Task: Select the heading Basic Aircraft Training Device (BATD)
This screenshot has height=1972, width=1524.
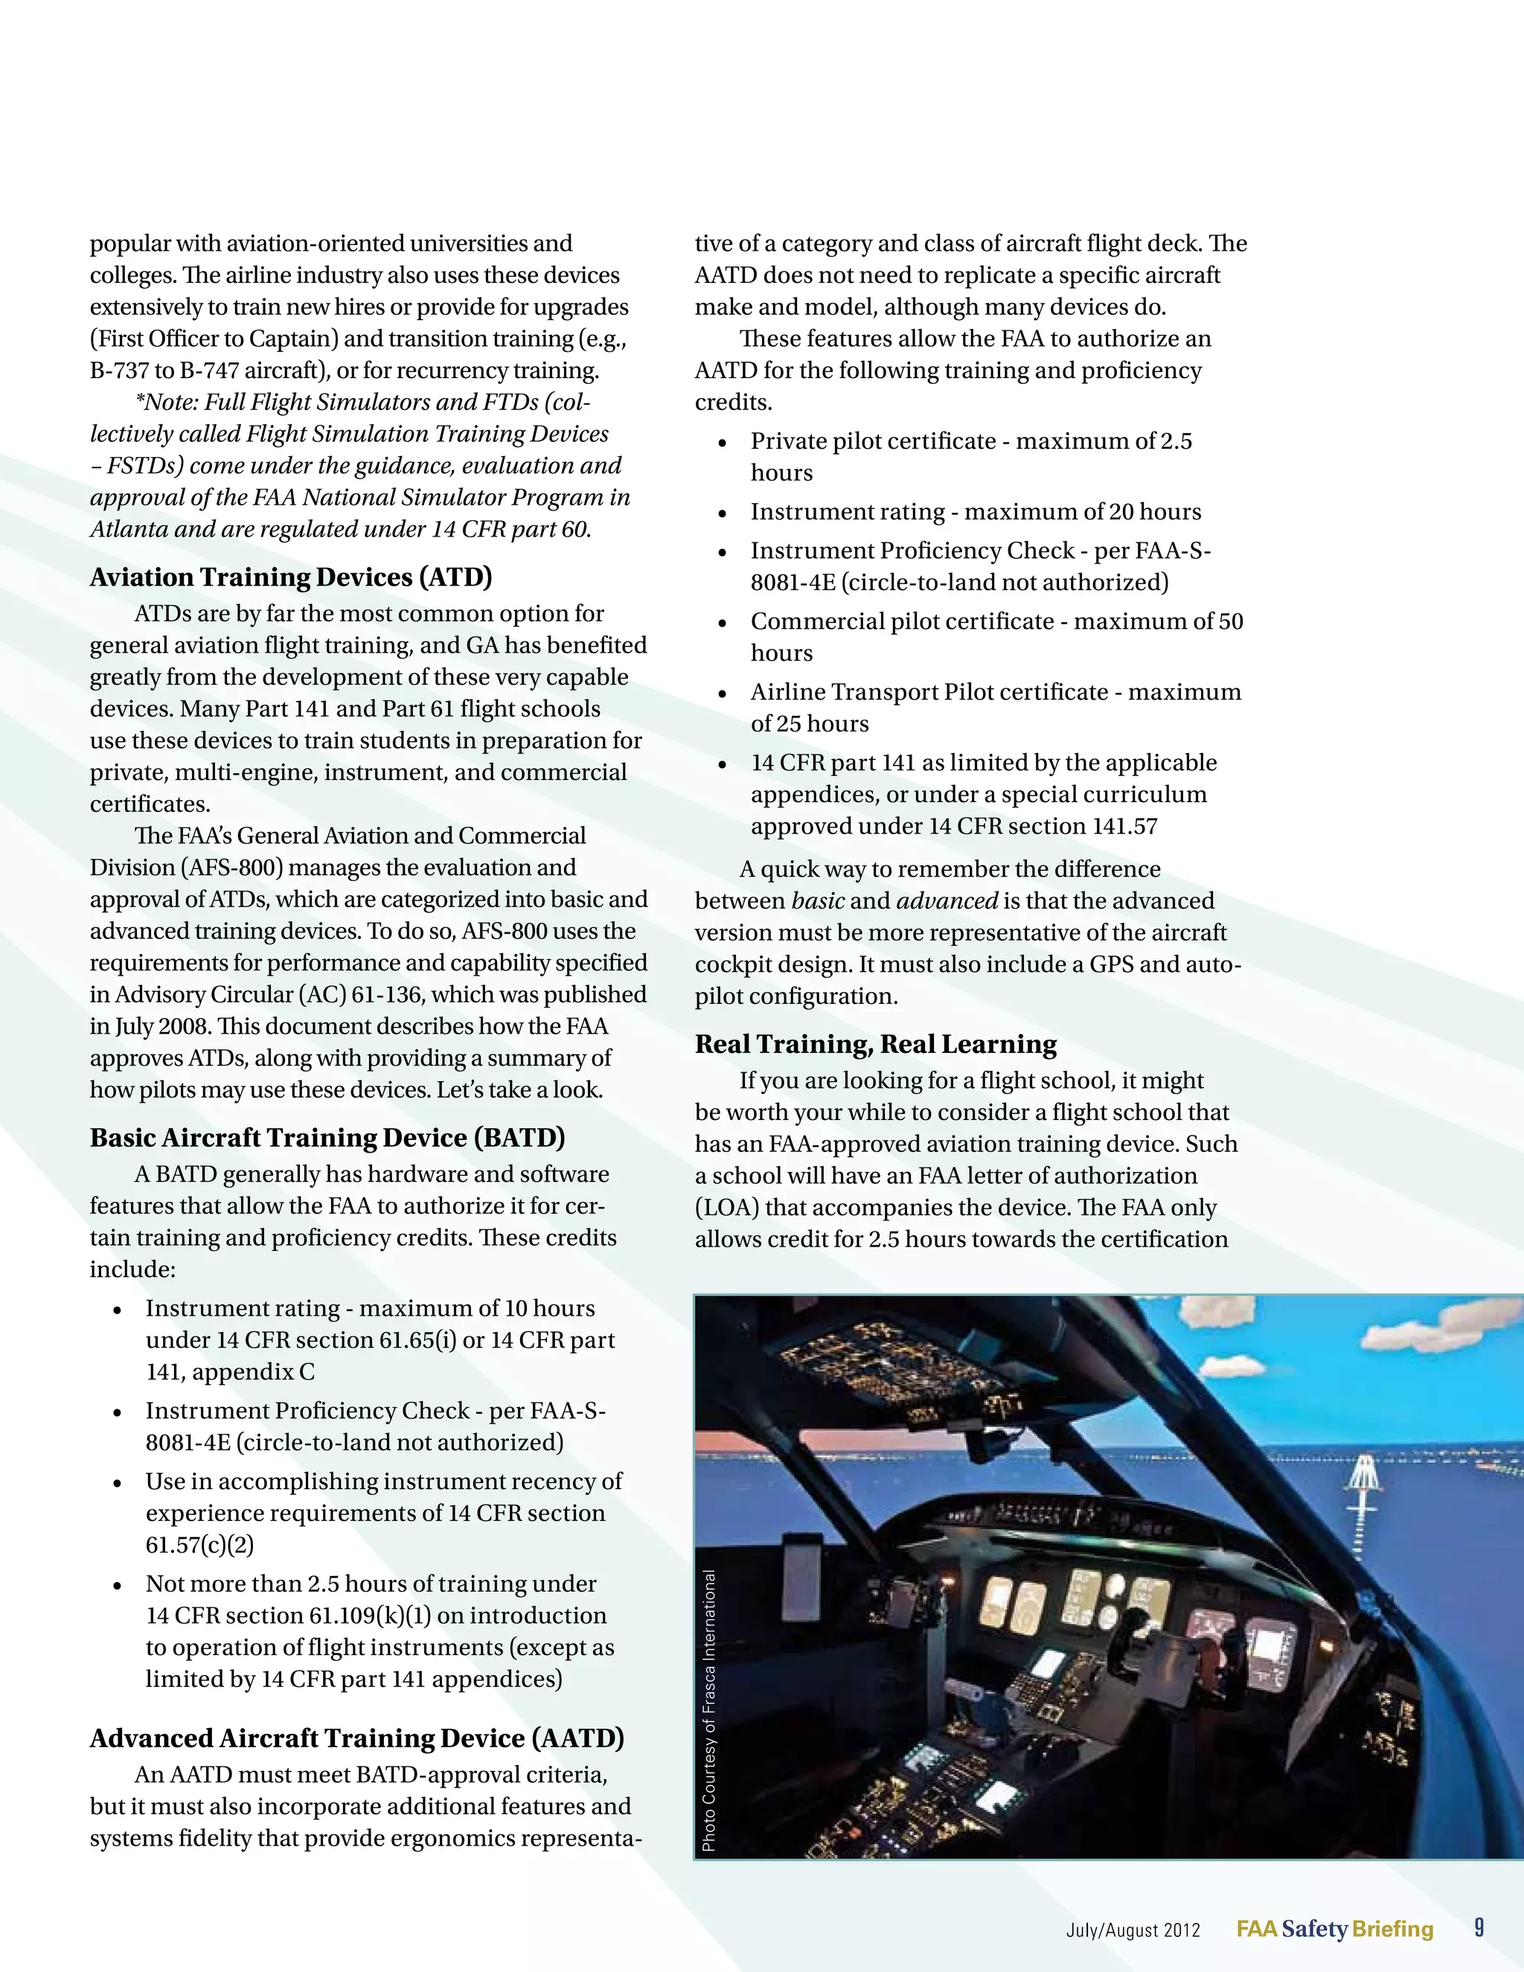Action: click(x=327, y=1138)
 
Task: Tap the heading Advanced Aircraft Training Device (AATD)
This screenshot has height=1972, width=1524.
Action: click(x=356, y=1738)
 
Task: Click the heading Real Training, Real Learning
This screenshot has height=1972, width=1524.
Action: click(x=875, y=1044)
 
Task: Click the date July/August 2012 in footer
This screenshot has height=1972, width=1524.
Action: click(x=1133, y=1930)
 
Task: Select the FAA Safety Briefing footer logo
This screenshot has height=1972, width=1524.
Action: click(x=1334, y=1930)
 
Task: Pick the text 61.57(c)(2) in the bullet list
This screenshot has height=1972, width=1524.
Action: click(x=199, y=1545)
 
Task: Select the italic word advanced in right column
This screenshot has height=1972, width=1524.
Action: click(x=947, y=901)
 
